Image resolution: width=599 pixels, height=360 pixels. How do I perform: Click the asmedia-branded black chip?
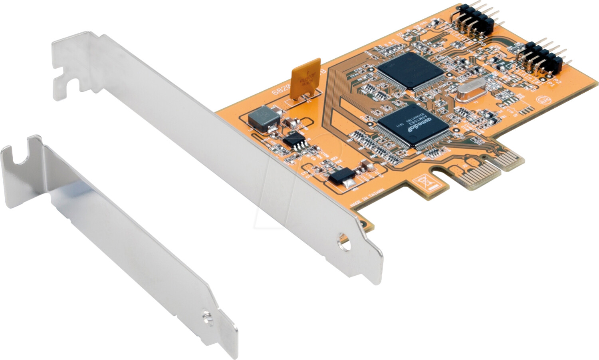point(413,125)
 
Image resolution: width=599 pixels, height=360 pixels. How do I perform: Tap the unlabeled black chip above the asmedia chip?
point(411,70)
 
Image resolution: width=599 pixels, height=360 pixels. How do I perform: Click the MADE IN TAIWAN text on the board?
point(367,198)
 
